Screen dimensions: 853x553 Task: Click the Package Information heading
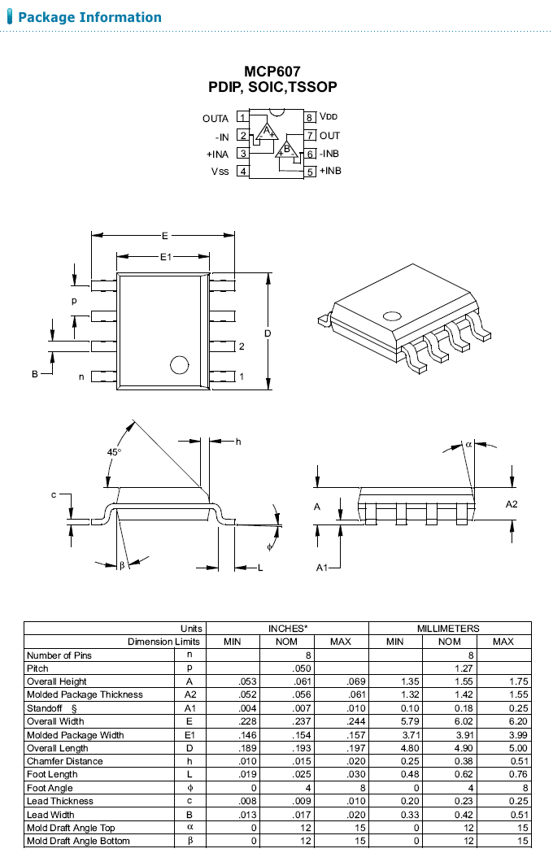(89, 17)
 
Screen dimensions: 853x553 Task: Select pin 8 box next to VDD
(310, 118)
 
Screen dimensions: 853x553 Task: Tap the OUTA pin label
(216, 119)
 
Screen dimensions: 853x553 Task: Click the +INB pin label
(330, 171)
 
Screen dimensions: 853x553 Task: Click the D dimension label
(267, 333)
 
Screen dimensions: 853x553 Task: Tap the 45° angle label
(114, 451)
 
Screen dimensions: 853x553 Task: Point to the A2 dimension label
(512, 504)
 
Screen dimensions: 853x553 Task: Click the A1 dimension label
(322, 568)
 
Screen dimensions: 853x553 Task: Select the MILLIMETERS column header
(449, 629)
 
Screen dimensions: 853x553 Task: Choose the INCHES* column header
(288, 629)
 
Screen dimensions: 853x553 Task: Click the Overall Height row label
(57, 681)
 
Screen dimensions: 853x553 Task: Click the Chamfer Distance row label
(65, 761)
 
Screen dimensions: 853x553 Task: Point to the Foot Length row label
(52, 775)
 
